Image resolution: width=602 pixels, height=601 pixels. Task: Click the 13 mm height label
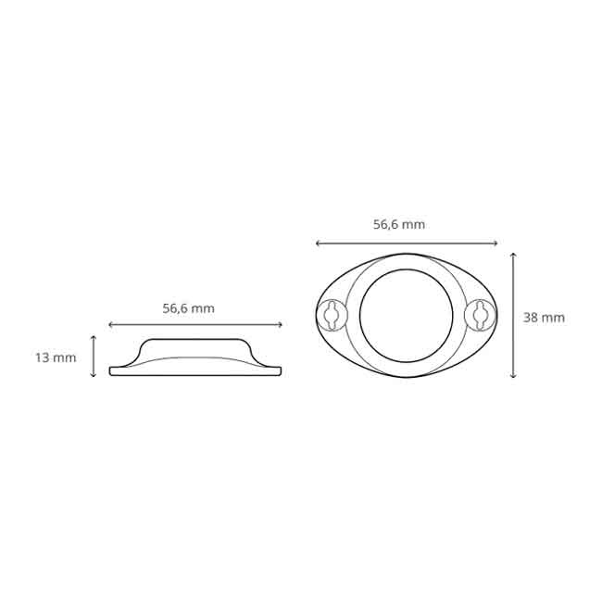(x=56, y=357)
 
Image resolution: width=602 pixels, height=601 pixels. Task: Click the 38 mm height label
(x=544, y=317)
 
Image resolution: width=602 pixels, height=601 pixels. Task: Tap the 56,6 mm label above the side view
(x=188, y=308)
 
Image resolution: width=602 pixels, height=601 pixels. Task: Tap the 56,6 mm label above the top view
(x=399, y=224)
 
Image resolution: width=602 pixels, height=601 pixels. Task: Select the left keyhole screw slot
(x=332, y=315)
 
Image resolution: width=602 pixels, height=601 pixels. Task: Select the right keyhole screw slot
(x=480, y=315)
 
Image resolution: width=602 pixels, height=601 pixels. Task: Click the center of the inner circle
(x=406, y=316)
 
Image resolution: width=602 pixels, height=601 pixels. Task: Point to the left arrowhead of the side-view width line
(x=111, y=324)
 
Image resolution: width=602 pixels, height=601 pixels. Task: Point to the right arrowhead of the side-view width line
(x=281, y=324)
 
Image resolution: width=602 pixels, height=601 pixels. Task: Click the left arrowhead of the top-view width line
(x=318, y=244)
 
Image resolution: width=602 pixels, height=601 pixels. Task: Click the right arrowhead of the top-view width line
(x=495, y=244)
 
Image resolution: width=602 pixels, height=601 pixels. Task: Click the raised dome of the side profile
(x=194, y=347)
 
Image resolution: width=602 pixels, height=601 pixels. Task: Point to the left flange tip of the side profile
(x=112, y=370)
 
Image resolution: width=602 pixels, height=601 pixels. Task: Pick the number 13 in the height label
(x=43, y=357)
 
